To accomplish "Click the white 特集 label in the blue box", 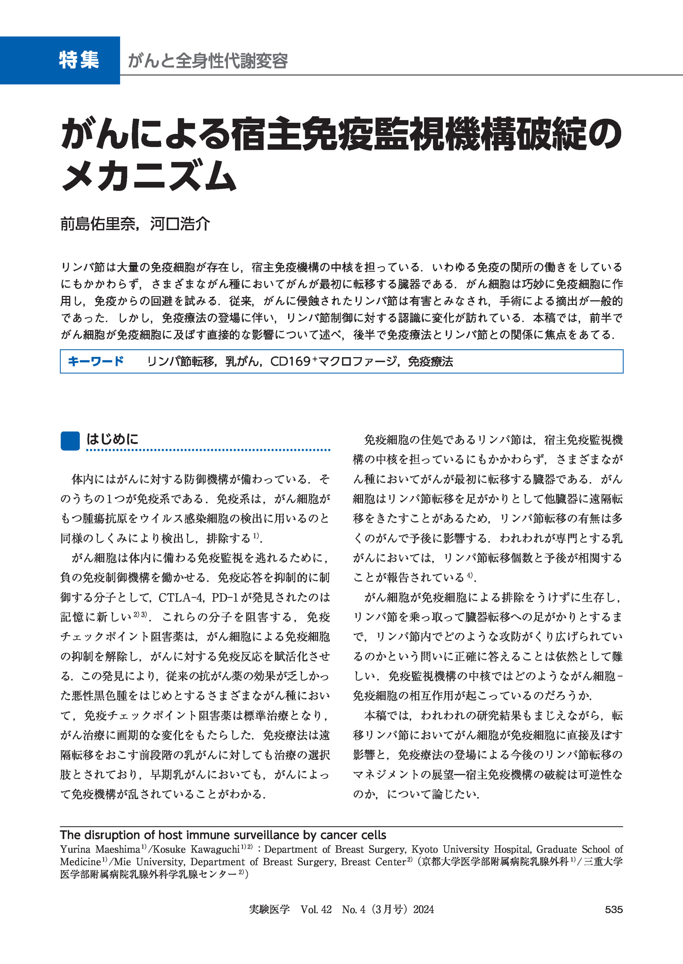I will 79,60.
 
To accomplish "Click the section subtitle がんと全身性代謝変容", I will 208,61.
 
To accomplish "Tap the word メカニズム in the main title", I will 149,176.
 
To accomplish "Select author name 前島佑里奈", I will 98,224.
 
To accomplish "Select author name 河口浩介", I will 180,224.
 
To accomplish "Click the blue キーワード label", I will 96,361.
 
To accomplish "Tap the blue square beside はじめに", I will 70,441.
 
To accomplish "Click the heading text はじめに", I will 112,439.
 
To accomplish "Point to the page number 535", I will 614,909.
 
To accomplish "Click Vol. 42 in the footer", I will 316,909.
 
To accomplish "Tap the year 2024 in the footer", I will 423,909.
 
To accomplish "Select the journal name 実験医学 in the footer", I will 269,909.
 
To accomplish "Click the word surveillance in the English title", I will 265,835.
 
